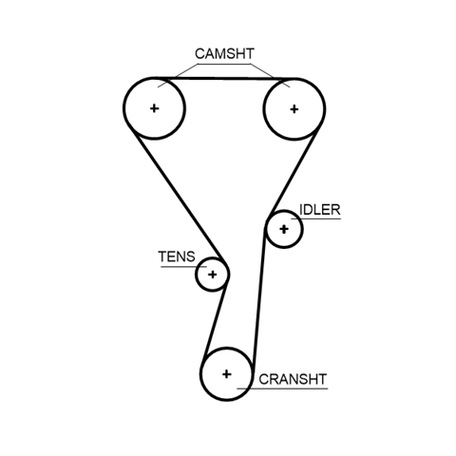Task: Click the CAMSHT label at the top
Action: pos(224,53)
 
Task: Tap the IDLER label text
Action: pos(320,210)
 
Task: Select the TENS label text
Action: pos(177,256)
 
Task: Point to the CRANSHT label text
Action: pos(293,379)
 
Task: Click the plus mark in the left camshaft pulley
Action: pos(154,108)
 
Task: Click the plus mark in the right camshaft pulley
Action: pos(294,109)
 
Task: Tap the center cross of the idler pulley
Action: pos(284,229)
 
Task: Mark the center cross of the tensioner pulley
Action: pos(213,275)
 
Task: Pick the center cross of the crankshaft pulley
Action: pos(226,374)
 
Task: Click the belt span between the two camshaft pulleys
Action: pos(224,78)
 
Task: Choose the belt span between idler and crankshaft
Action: pos(258,296)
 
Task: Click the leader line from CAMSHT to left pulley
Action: pos(178,76)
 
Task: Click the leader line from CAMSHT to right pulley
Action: pos(270,76)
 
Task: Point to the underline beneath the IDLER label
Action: pos(316,218)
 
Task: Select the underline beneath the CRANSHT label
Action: pos(282,389)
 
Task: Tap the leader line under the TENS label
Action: pos(183,267)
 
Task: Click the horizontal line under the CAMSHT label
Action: pos(224,65)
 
